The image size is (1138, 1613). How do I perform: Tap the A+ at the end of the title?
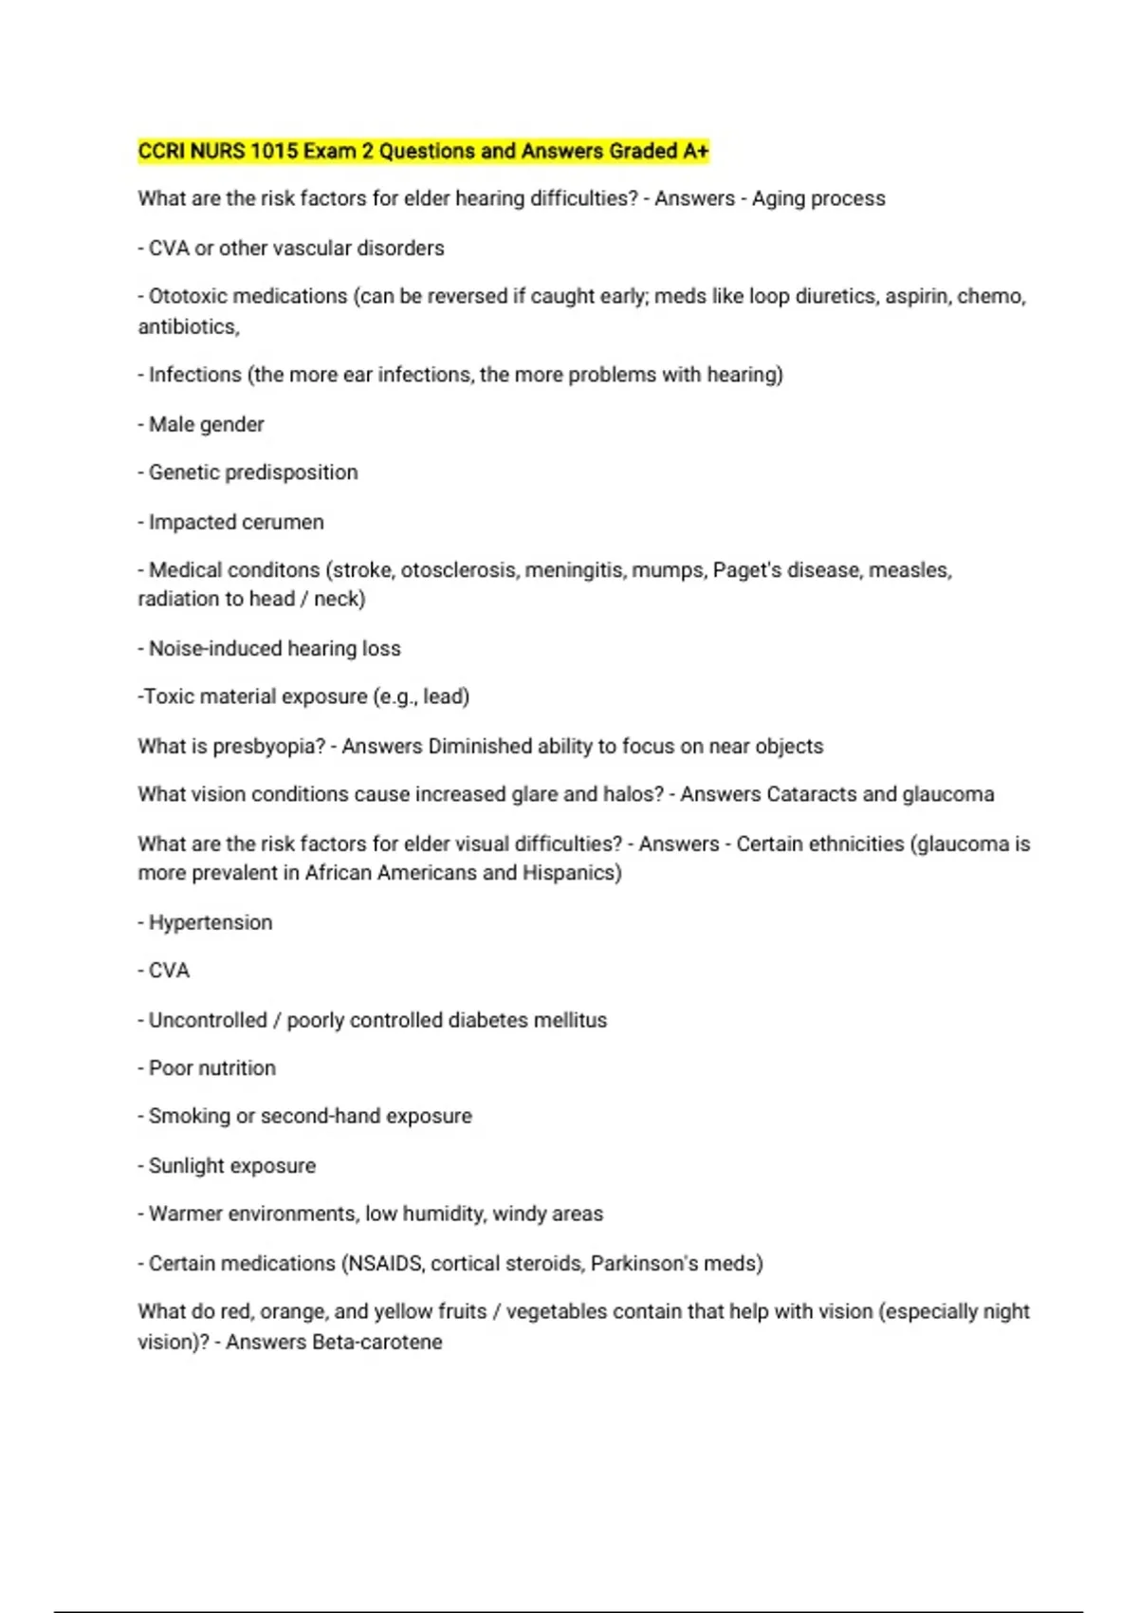point(695,152)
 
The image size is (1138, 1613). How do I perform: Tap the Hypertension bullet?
point(211,923)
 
